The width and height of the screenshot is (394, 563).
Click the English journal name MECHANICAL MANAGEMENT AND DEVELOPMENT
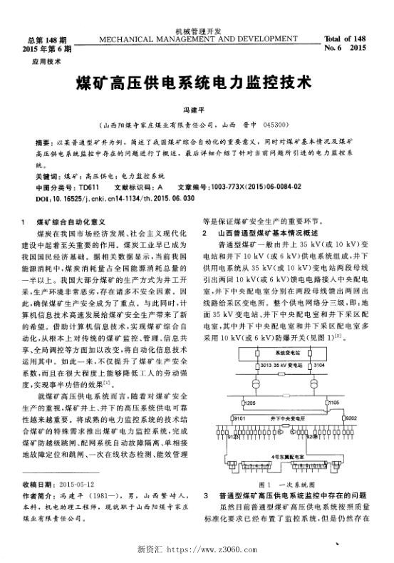197,38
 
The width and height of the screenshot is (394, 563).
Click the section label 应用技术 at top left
43,62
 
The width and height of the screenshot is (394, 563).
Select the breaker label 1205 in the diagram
249,403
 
